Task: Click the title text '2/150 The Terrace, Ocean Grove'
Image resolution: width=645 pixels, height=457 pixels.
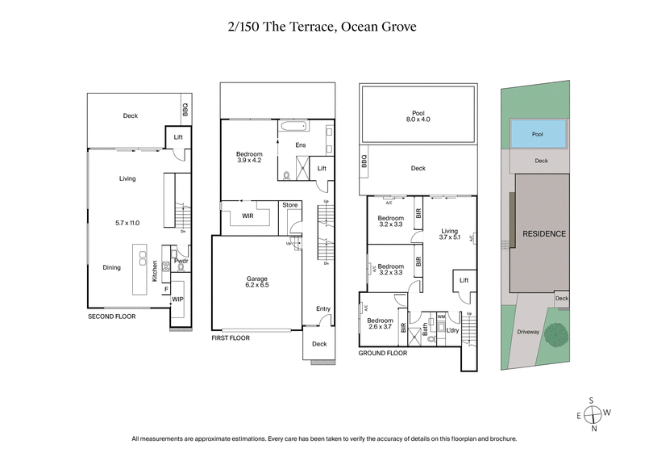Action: [322, 27]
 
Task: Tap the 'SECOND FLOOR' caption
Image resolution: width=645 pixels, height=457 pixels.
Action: [113, 317]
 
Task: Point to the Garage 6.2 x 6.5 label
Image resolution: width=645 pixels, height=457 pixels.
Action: [257, 282]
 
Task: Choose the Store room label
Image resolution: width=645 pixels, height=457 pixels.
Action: [289, 205]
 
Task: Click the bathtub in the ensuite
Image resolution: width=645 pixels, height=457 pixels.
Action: [292, 126]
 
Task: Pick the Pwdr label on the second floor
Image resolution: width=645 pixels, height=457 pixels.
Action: [181, 262]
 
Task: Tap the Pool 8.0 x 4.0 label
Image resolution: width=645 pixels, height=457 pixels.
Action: [417, 115]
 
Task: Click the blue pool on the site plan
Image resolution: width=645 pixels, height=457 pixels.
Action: [538, 134]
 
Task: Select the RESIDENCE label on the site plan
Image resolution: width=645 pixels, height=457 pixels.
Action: [544, 233]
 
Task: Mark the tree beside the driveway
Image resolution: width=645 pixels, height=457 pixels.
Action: [554, 333]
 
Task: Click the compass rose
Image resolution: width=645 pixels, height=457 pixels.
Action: [594, 415]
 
